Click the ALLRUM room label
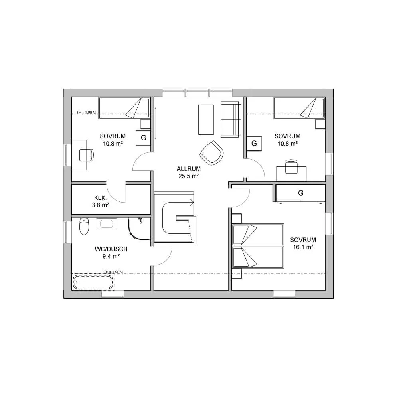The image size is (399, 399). [x=188, y=169]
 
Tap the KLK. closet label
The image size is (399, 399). [x=100, y=198]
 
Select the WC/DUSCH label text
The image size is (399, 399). [x=111, y=249]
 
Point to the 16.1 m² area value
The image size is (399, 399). [x=303, y=247]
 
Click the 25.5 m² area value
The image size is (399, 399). [x=188, y=176]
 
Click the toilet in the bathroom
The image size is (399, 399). [x=84, y=226]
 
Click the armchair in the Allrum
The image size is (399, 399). [x=211, y=153]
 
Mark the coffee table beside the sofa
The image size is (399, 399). [x=206, y=120]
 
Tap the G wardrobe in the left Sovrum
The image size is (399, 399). [x=143, y=138]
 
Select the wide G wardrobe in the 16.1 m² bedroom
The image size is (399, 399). [x=300, y=193]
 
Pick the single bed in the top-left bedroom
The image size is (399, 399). [x=124, y=108]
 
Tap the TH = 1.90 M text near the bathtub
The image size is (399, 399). [x=113, y=272]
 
